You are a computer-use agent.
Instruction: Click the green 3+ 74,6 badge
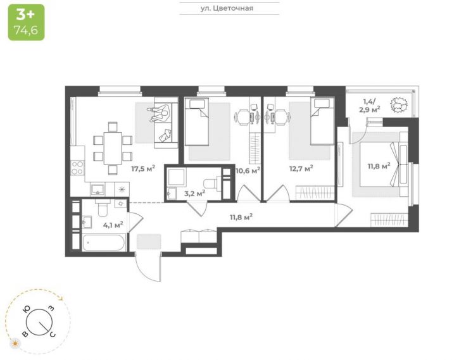(x=27, y=22)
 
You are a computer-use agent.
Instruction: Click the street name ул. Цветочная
(x=227, y=8)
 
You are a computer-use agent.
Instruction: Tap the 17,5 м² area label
(x=143, y=168)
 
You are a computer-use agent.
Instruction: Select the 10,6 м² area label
(x=248, y=170)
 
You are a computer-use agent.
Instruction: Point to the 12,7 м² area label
(x=301, y=168)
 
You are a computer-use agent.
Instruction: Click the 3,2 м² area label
(x=194, y=193)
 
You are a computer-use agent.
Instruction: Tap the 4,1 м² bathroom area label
(x=113, y=225)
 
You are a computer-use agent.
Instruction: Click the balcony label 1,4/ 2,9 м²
(x=372, y=106)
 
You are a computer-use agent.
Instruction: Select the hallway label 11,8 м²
(x=241, y=217)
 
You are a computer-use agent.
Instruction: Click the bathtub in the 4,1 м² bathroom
(x=104, y=242)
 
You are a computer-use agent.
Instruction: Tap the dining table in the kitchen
(x=113, y=148)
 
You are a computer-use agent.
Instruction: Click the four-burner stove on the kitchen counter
(x=78, y=168)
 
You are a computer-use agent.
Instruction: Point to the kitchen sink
(x=97, y=190)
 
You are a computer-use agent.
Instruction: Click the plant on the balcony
(x=398, y=105)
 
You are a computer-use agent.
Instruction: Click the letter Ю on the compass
(x=27, y=310)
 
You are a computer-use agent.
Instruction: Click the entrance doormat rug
(x=149, y=242)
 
